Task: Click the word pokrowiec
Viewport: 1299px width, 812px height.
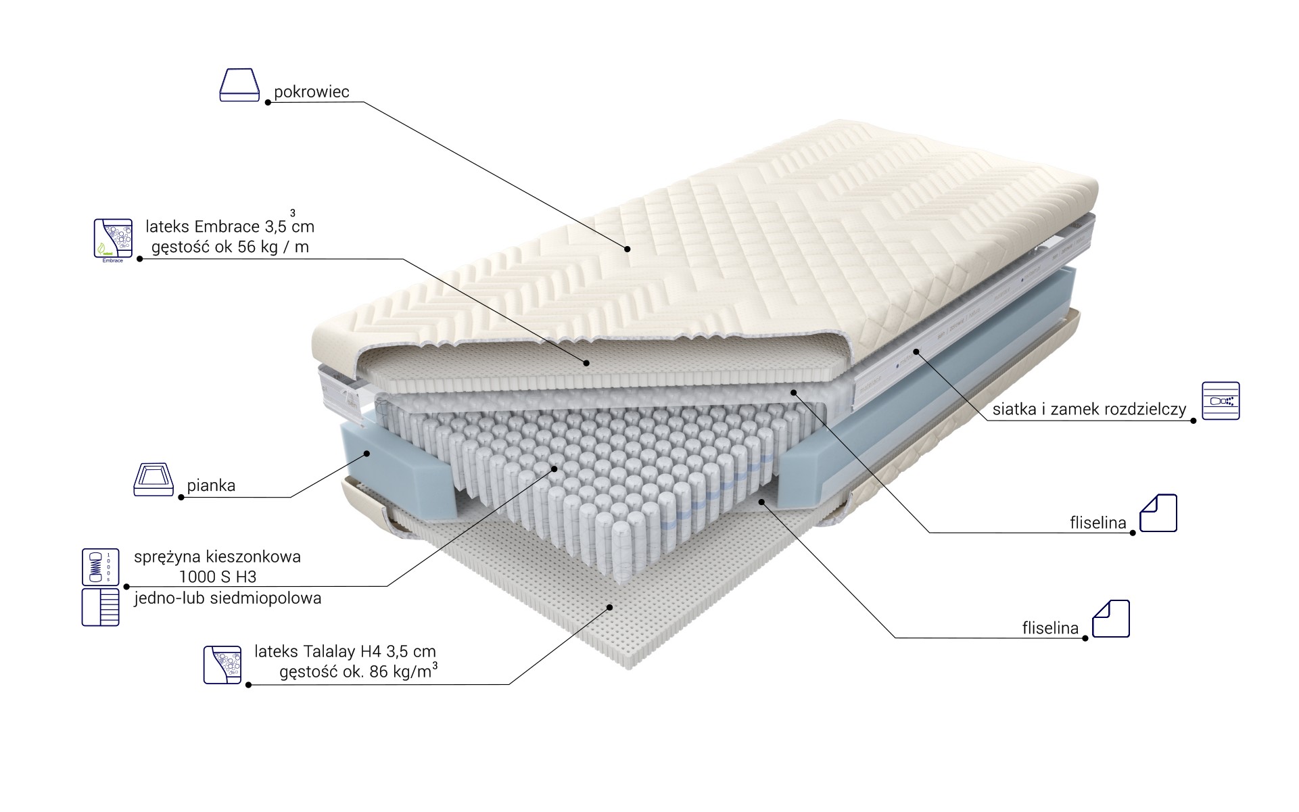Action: click(311, 93)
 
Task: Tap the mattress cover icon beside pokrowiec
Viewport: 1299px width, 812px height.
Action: click(239, 85)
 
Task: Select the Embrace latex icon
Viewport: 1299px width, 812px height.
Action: click(112, 239)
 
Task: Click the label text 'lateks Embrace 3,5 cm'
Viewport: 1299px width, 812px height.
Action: click(230, 225)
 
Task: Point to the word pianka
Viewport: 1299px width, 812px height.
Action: click(211, 485)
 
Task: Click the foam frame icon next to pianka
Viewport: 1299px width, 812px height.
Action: click(153, 479)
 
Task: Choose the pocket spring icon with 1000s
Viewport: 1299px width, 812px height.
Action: click(100, 567)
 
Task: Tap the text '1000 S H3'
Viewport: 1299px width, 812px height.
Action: click(217, 577)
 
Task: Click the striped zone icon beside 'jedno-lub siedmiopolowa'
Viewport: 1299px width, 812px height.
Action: click(100, 606)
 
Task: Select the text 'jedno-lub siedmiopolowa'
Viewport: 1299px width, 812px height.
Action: click(227, 598)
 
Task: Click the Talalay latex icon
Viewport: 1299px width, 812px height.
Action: click(222, 665)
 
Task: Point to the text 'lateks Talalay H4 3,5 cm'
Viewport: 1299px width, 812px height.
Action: click(345, 651)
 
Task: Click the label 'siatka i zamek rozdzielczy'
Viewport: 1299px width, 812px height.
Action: click(1089, 410)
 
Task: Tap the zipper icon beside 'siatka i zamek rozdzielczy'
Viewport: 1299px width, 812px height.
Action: click(1221, 401)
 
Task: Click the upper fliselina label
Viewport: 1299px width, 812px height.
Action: click(1098, 523)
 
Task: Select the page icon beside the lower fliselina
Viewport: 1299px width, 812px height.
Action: click(1111, 619)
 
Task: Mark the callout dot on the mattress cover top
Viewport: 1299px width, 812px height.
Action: click(628, 249)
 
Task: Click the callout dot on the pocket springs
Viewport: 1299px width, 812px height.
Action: click(554, 468)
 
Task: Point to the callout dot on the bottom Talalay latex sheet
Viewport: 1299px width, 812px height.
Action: click(611, 607)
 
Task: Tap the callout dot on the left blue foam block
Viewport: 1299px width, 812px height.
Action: click(368, 453)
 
